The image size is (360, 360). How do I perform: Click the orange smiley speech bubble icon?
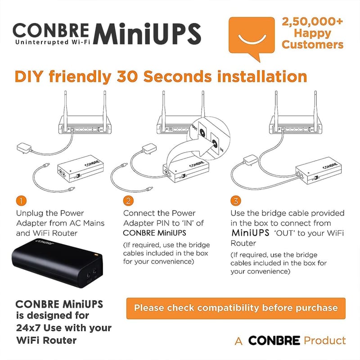click(252, 37)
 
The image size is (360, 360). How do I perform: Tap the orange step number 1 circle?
click(21, 201)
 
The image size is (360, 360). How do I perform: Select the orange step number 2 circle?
click(128, 201)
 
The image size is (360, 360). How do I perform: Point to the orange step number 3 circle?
click(236, 201)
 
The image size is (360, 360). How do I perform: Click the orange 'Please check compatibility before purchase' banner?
click(236, 308)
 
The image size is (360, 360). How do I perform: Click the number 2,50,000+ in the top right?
click(312, 22)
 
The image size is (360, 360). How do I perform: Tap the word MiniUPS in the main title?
click(147, 34)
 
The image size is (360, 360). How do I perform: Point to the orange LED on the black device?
click(96, 254)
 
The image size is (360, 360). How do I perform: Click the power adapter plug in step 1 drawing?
click(24, 148)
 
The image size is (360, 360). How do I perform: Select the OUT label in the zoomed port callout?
click(194, 128)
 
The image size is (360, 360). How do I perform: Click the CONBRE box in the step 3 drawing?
click(319, 171)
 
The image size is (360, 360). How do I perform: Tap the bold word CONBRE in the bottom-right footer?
click(274, 340)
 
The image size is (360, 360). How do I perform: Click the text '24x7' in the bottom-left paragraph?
click(28, 328)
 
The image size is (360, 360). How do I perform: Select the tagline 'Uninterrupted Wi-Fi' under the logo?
click(53, 42)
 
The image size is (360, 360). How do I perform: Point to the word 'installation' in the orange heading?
click(262, 76)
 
